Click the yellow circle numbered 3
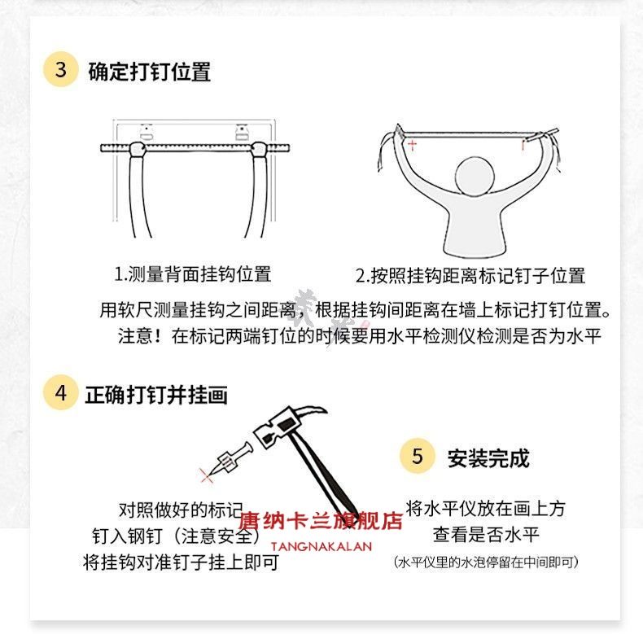(x=60, y=69)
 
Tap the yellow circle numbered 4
(x=60, y=392)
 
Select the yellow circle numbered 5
(x=417, y=456)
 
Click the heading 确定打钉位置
(x=150, y=72)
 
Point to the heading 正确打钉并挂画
(x=155, y=395)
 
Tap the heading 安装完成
(x=488, y=458)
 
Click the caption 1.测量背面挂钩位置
(x=192, y=274)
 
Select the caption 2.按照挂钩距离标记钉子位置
(x=470, y=276)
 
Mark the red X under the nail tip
(x=206, y=475)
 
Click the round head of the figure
(x=475, y=176)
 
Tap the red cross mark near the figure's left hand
(x=412, y=144)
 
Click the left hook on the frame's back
(x=146, y=132)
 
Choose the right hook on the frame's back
(x=242, y=132)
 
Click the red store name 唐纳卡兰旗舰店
(x=320, y=521)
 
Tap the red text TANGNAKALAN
(x=321, y=547)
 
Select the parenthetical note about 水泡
(x=486, y=562)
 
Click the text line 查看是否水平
(x=486, y=535)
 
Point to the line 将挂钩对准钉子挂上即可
(x=181, y=562)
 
